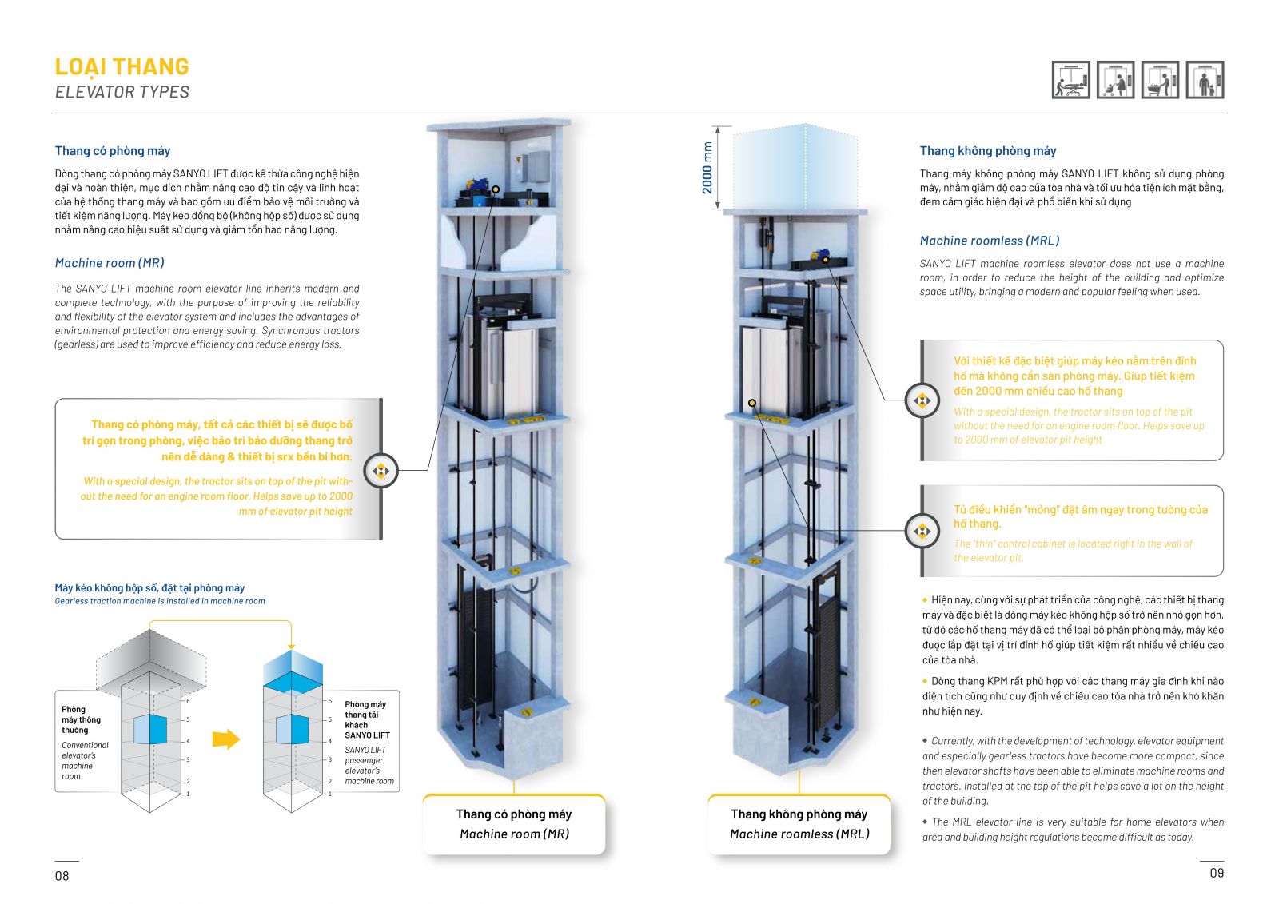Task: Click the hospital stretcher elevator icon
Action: [1071, 80]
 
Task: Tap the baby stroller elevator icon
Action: [1116, 80]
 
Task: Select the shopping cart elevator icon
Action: [1161, 80]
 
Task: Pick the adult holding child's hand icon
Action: [1205, 80]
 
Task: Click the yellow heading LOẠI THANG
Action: [122, 66]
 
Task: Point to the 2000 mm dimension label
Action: [707, 168]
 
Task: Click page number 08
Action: [62, 876]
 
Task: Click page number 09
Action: [1217, 874]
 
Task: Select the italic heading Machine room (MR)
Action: [110, 263]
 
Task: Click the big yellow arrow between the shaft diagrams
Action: [226, 739]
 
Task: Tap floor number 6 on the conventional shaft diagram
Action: [189, 701]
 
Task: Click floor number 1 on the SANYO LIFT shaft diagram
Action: [329, 794]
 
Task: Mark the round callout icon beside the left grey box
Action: [381, 471]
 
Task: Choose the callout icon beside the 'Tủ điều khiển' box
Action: [922, 532]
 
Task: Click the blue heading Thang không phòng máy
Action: [988, 151]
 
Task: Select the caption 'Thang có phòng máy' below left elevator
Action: [514, 814]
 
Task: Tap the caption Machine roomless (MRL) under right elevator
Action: [799, 834]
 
